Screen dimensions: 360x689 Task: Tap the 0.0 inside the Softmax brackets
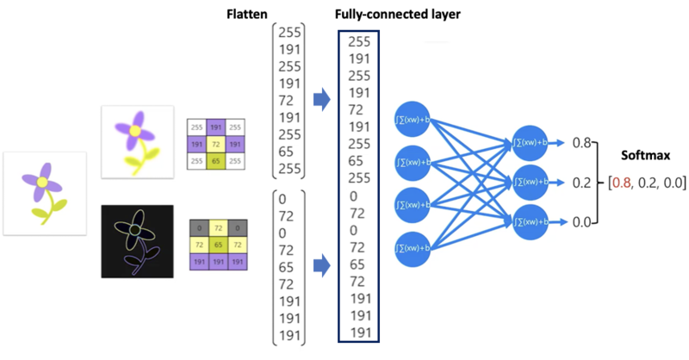[668, 183]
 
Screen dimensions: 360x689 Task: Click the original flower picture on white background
[45, 194]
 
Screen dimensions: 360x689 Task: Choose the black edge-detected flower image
[137, 241]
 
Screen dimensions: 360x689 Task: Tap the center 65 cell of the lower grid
[214, 245]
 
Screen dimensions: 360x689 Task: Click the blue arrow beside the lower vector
[321, 265]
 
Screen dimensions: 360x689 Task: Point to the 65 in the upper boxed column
[357, 161]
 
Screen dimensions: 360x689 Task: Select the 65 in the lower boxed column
[357, 264]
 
